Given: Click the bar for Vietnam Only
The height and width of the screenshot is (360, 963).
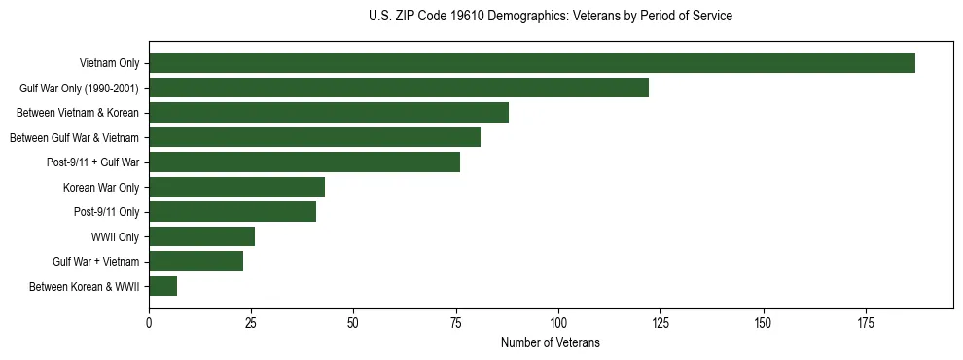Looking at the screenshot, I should [x=532, y=63].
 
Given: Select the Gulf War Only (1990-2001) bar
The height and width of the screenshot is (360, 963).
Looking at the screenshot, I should [x=399, y=88].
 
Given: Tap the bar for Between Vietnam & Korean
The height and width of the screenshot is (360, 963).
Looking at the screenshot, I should [x=329, y=113].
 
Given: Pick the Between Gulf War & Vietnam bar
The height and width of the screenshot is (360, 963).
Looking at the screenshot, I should [x=314, y=137].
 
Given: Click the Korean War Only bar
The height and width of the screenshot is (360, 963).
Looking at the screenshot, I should [x=236, y=187].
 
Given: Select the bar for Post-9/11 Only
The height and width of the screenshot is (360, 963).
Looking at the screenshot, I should [x=232, y=212].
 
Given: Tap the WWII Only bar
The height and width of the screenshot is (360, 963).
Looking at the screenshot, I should [x=201, y=236].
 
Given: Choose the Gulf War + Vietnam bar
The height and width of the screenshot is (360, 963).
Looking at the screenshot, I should [x=196, y=262].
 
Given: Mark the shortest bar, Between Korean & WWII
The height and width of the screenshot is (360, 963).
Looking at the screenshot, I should [x=162, y=286].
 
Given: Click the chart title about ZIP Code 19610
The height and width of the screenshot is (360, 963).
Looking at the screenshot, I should [x=551, y=17].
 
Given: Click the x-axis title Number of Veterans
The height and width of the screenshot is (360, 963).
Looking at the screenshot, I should [x=551, y=343].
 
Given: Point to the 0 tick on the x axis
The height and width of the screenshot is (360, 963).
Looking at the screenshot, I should [x=149, y=323].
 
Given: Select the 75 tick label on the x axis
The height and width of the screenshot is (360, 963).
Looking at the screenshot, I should [x=456, y=323].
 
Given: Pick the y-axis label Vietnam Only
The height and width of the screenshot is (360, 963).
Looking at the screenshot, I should [x=109, y=63].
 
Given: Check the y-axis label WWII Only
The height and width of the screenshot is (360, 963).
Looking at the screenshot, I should [x=115, y=236].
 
